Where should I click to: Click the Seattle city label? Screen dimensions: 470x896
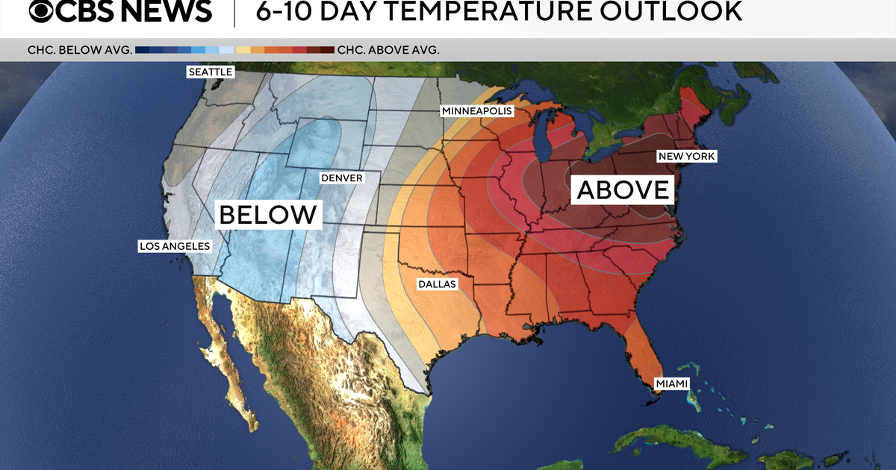tap(211, 72)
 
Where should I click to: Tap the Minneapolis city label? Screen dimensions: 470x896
tap(477, 110)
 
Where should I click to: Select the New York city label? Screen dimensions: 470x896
tap(686, 156)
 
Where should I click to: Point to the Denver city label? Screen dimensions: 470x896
tap(341, 178)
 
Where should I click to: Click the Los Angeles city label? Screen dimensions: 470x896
tap(175, 245)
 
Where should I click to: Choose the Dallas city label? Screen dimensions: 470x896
tap(436, 283)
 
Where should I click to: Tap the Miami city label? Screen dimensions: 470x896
tap(672, 383)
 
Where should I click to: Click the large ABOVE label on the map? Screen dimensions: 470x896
tap(623, 189)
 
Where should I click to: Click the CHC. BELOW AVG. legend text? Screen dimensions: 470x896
tap(79, 50)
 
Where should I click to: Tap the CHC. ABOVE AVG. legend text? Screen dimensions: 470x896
tap(388, 50)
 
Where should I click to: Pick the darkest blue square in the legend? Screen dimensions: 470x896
tap(142, 50)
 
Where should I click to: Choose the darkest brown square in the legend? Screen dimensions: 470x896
tap(327, 50)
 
